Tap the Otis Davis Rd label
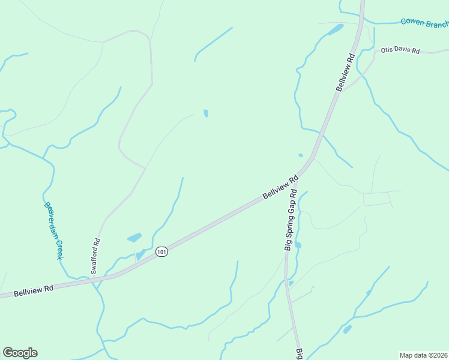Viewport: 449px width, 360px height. [399, 50]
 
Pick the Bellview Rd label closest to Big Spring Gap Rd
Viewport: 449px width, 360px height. [280, 188]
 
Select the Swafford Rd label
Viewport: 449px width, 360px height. [95, 256]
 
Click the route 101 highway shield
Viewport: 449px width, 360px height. [161, 252]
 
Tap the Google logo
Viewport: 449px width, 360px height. [20, 353]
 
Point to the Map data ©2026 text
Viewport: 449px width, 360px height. [423, 355]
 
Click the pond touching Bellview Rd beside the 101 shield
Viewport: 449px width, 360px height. [140, 256]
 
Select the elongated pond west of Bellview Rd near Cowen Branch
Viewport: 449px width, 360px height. [334, 29]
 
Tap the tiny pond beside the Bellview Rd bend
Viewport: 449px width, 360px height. [301, 155]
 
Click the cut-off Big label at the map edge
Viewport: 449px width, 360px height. [298, 353]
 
